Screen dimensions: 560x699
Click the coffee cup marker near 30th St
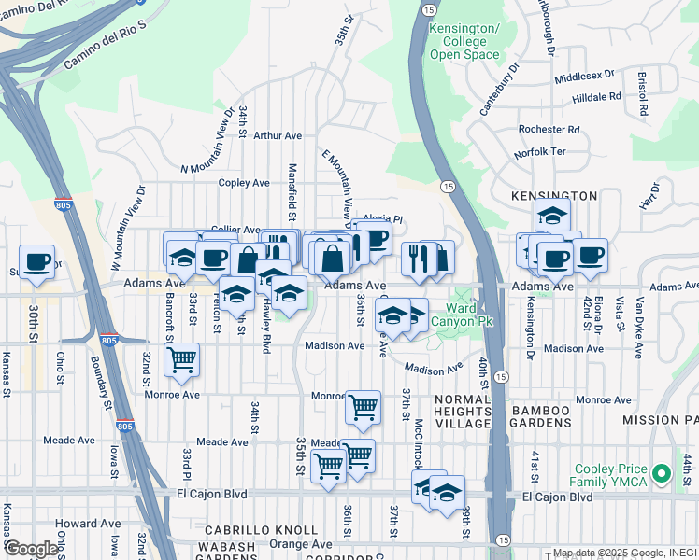[x=36, y=261]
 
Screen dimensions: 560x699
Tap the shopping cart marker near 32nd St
[x=181, y=359]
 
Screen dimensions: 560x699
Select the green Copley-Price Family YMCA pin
[x=663, y=475]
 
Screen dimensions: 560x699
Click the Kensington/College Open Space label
[x=464, y=42]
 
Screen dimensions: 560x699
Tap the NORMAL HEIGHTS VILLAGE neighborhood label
[x=461, y=412]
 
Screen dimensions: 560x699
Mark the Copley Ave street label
[x=243, y=183]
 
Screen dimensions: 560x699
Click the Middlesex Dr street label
[x=584, y=74]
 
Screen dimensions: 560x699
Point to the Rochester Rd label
[x=549, y=130]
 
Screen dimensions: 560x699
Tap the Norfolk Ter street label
[x=540, y=152]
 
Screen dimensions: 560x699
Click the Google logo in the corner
[x=31, y=549]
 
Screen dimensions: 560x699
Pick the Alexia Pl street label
[x=382, y=220]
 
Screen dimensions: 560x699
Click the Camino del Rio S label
[x=107, y=50]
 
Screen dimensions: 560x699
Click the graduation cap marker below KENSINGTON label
[x=552, y=215]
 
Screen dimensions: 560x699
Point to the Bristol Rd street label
[x=643, y=92]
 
